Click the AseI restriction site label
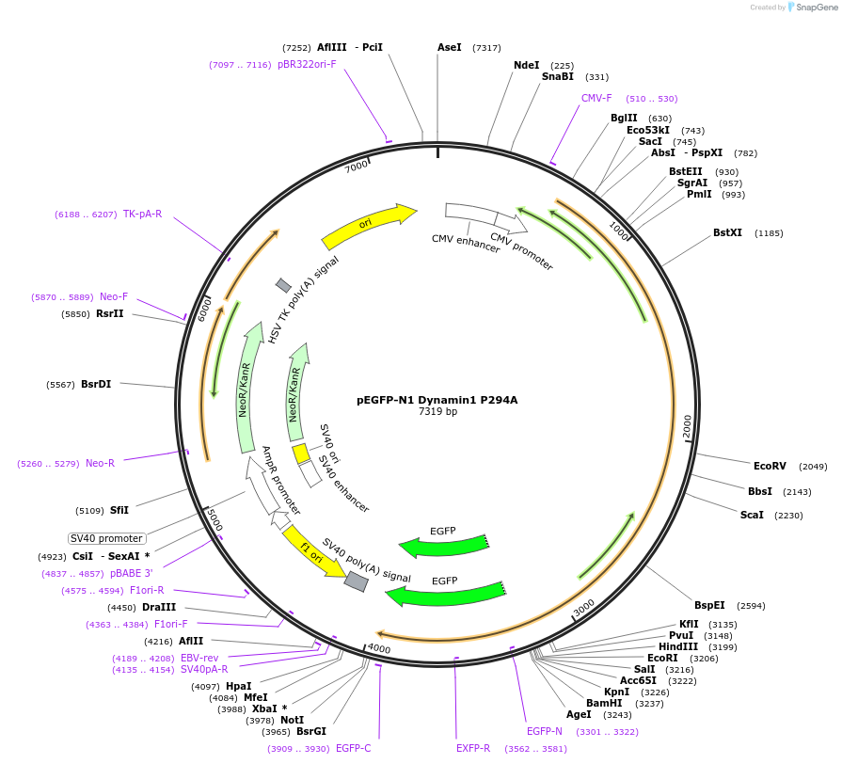(450, 47)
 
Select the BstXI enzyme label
(727, 232)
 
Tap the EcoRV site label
(770, 466)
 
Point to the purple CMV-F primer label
(596, 98)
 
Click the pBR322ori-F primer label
(307, 64)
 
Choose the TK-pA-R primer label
(142, 214)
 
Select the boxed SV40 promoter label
(106, 538)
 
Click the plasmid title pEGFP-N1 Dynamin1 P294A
(437, 399)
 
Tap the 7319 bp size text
(437, 411)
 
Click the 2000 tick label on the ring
(688, 425)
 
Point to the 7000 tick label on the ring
(357, 167)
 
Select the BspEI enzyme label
(709, 605)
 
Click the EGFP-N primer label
(544, 731)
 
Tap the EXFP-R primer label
(473, 748)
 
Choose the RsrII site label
(110, 313)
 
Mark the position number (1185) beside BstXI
(769, 233)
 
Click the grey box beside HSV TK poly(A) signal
(283, 285)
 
